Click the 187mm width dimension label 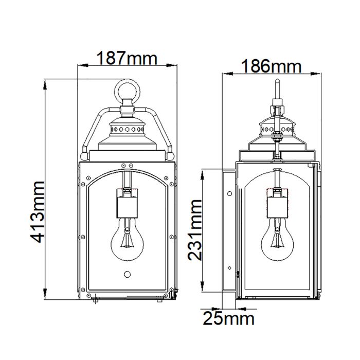point(127,58)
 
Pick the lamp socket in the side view point(277,202)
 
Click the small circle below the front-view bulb point(126,275)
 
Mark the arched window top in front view point(126,172)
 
